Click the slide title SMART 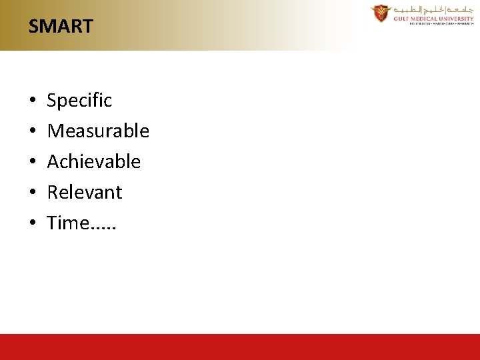click(x=61, y=27)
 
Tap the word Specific click(x=79, y=101)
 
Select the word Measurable click(x=98, y=131)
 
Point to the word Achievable click(x=94, y=162)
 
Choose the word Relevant click(x=85, y=193)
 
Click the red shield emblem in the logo click(x=381, y=13)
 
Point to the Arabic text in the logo click(x=433, y=9)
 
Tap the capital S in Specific click(x=52, y=101)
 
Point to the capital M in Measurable click(x=55, y=131)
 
